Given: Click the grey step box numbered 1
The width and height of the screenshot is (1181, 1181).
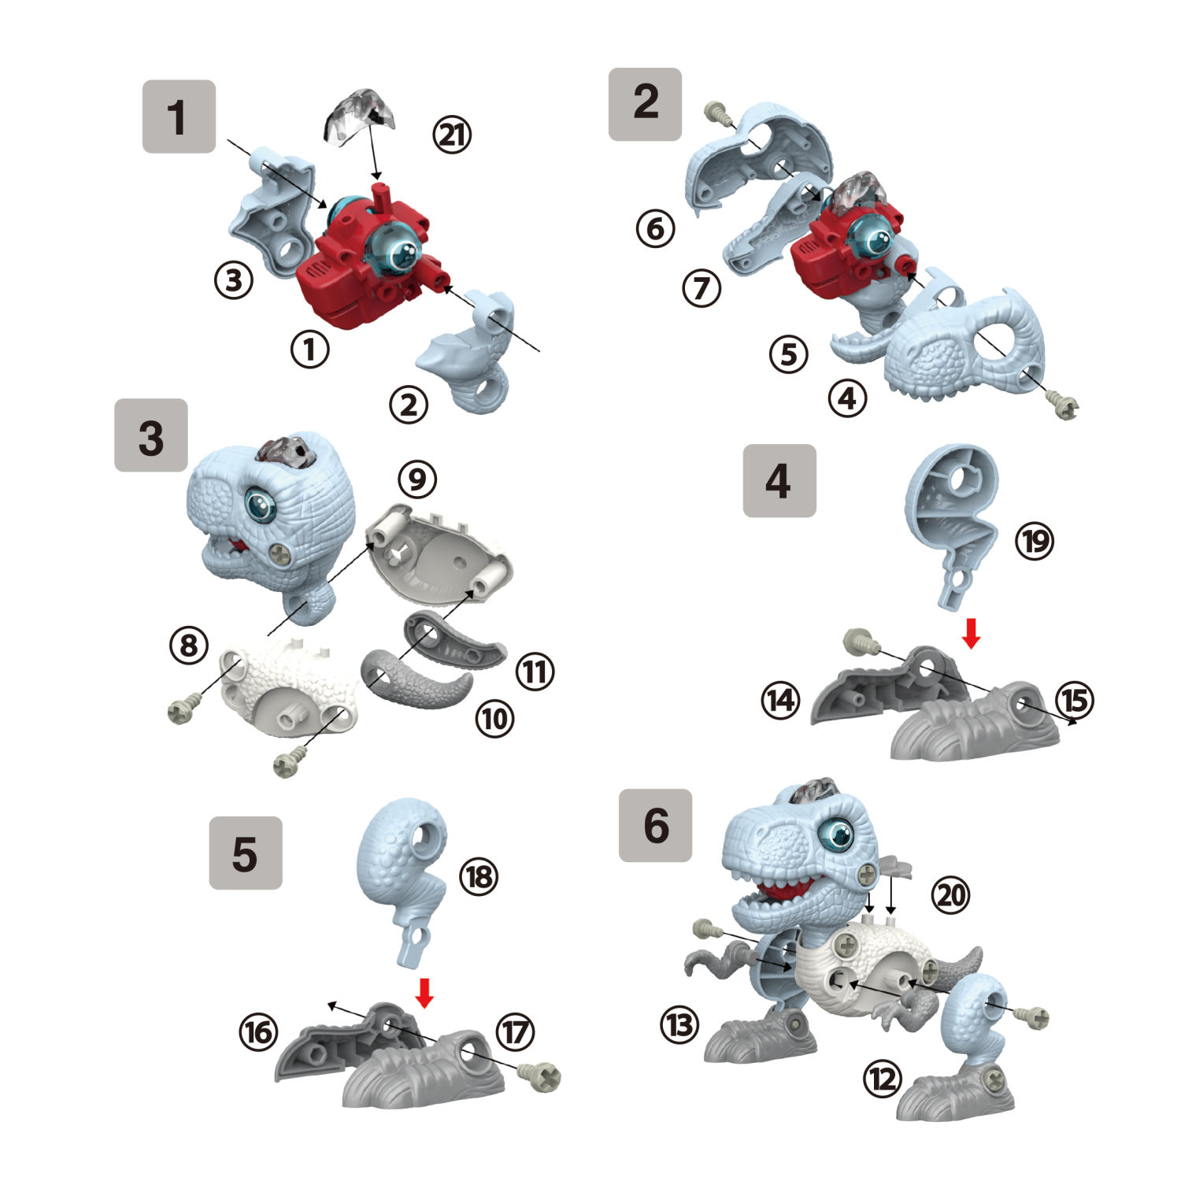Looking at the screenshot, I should pos(179,117).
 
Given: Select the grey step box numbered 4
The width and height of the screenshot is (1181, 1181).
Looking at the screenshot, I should pos(779,480).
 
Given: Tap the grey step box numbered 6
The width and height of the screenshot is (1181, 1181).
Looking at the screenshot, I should pos(655,825).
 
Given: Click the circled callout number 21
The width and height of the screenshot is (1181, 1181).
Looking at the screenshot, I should pos(452,135).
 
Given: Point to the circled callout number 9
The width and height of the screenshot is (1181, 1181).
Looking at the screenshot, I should pos(417,479).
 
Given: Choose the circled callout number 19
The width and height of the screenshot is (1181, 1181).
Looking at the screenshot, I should pos(1034,541).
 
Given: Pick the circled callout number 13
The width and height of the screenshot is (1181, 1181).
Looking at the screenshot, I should pos(679,1024).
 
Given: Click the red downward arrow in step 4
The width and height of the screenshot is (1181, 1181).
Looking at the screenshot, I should pos(971,633).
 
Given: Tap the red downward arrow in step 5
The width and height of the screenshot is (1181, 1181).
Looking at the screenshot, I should pos(424,993).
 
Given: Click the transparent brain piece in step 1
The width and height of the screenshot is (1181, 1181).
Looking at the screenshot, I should pos(360,116).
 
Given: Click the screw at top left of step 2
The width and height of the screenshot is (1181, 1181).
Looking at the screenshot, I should pos(717,113).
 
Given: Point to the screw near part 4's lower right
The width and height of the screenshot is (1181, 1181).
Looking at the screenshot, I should pos(1066,408).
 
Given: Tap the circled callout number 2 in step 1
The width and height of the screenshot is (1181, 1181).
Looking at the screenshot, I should pos(409,405).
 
